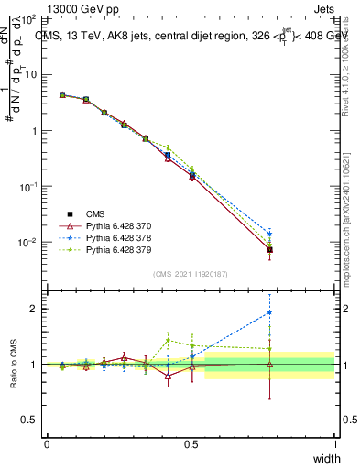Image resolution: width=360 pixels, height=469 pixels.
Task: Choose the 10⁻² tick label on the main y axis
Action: pyautogui.click(x=28, y=243)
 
